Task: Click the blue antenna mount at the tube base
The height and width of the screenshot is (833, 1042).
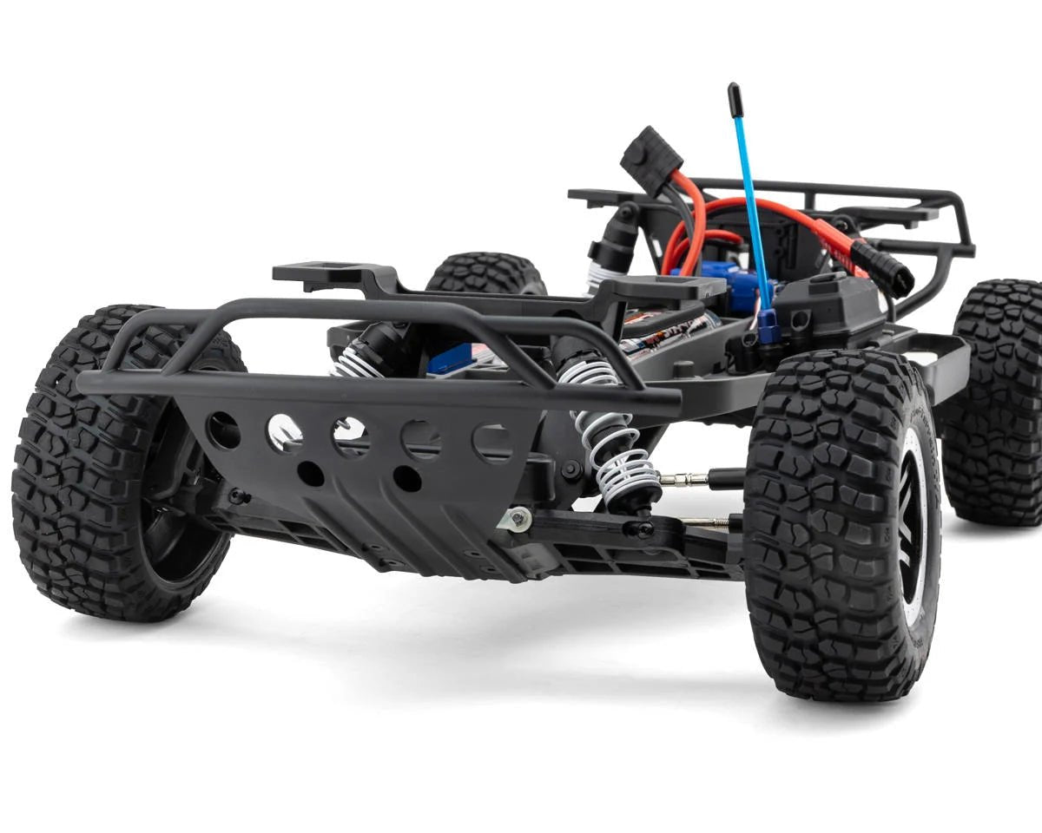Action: point(768,325)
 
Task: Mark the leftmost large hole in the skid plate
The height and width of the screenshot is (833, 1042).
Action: point(223,429)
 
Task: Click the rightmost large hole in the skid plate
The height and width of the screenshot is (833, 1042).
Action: point(492,442)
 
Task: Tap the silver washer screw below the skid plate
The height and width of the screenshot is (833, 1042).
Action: point(518,518)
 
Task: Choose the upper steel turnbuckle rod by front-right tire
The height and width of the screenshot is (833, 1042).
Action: point(685,479)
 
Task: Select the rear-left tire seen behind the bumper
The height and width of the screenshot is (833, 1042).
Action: point(485,273)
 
